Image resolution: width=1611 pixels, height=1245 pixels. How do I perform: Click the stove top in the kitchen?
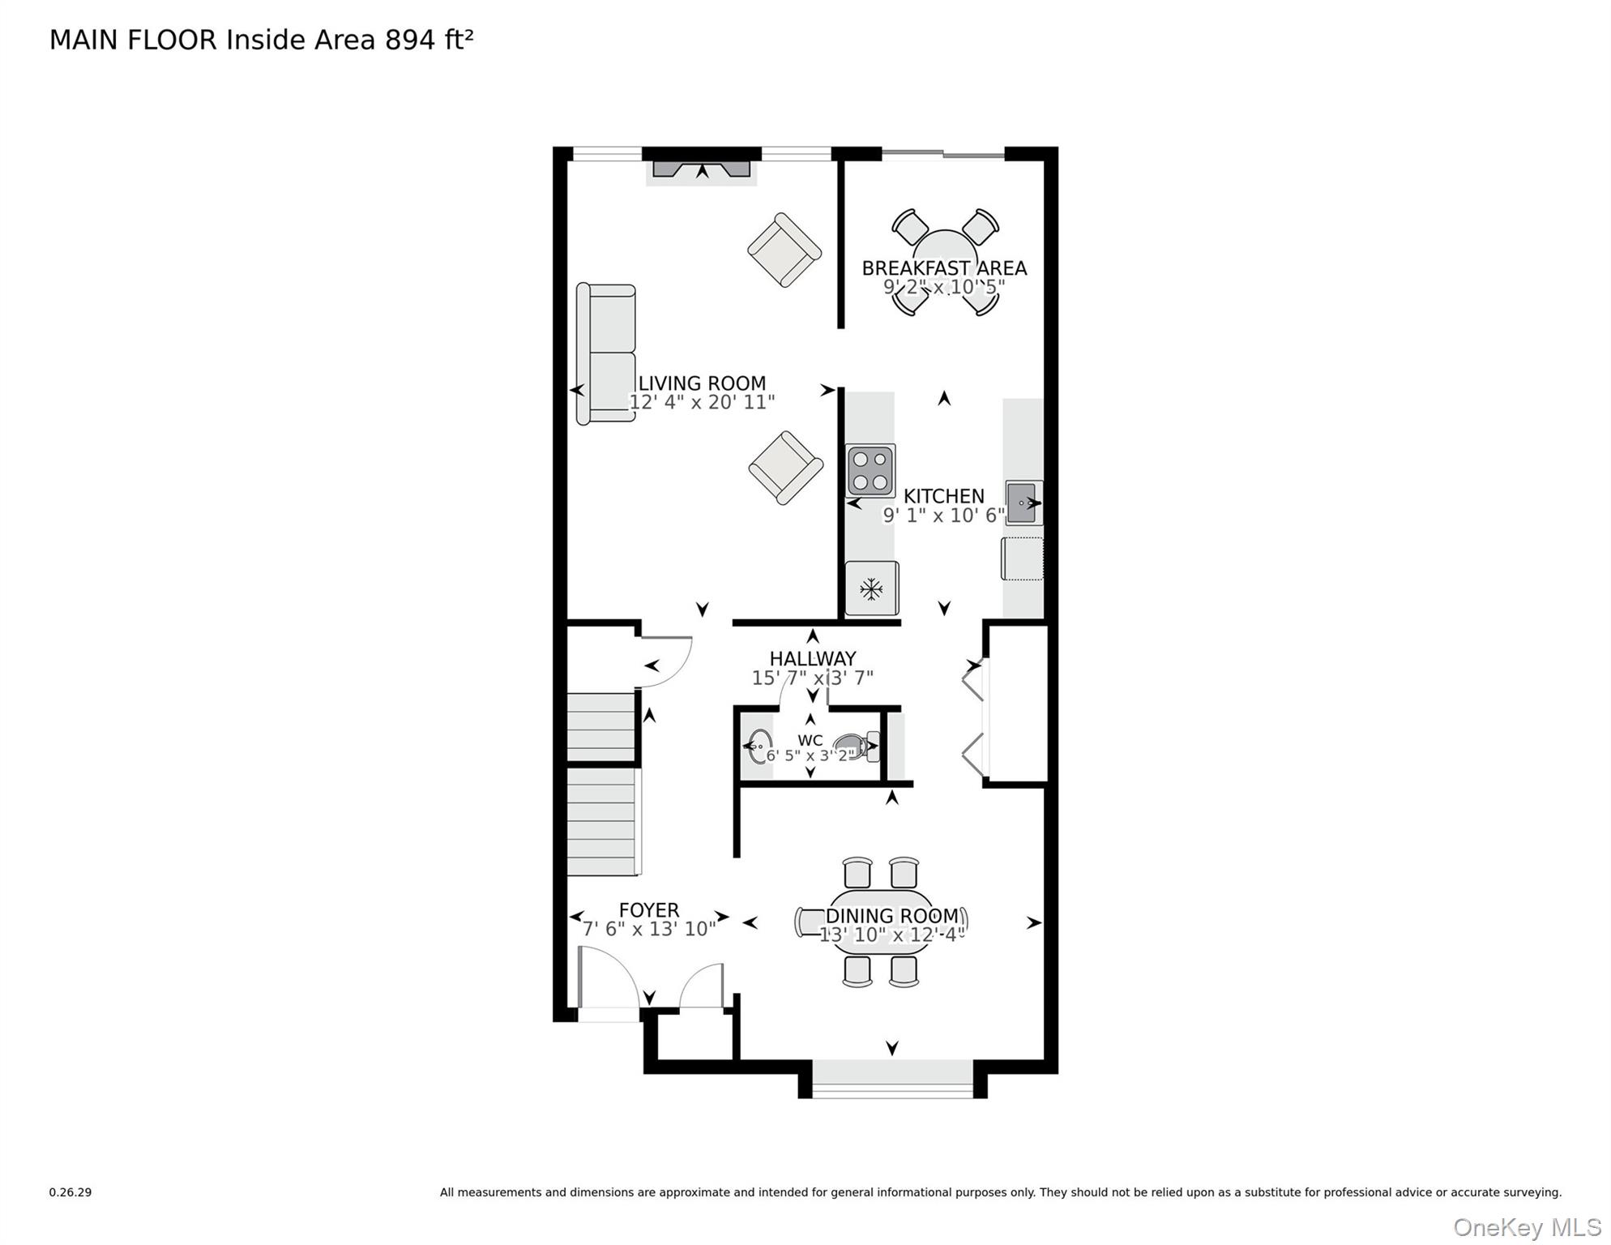tap(870, 470)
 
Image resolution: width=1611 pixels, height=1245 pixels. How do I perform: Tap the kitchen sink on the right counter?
tap(1023, 503)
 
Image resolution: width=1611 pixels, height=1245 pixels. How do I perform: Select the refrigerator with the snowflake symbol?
tap(871, 588)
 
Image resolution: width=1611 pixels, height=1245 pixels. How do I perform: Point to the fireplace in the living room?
tap(702, 169)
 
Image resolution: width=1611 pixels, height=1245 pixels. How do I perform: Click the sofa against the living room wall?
tap(605, 353)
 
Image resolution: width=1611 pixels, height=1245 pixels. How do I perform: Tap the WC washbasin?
tap(758, 747)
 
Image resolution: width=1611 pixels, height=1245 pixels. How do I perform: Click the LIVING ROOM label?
tap(702, 383)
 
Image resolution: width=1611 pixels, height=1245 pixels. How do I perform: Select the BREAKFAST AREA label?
tap(944, 267)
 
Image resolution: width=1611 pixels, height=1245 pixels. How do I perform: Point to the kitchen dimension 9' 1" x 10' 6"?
tap(944, 516)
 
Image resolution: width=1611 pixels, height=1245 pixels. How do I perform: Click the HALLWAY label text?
tap(813, 658)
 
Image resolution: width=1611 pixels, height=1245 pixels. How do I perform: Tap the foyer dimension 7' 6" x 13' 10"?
tap(649, 929)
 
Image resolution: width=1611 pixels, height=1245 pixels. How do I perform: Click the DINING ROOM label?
tap(892, 916)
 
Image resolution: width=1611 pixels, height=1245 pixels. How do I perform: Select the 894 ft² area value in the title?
tap(429, 40)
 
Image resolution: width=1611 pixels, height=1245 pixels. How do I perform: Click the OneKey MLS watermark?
tap(1527, 1227)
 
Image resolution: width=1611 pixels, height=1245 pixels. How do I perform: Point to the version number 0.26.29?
tap(71, 1192)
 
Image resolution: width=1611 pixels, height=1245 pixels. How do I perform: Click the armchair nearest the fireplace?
tap(784, 250)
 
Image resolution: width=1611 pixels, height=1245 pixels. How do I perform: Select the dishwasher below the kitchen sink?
tap(1023, 558)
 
